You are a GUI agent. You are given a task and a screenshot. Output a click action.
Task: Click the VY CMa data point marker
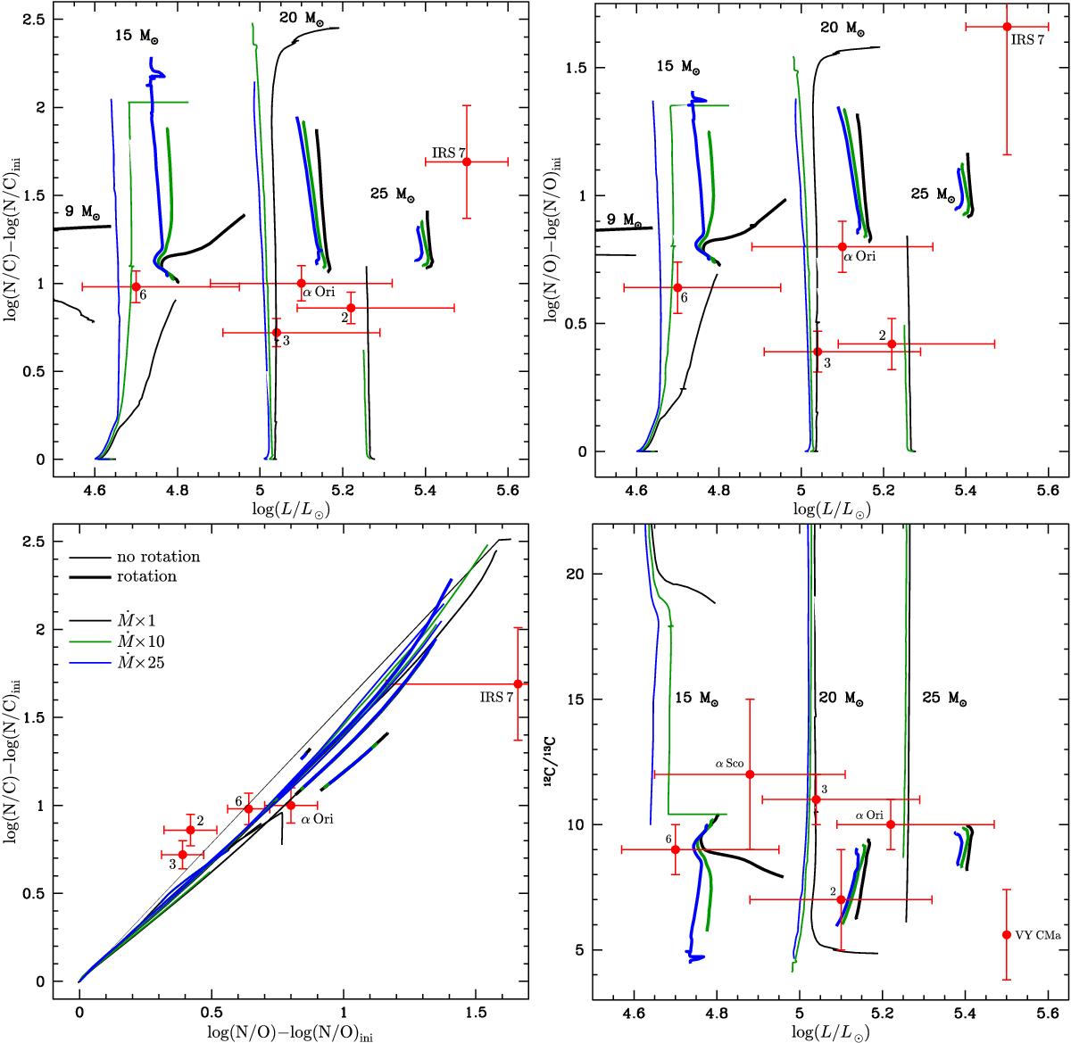click(x=1007, y=934)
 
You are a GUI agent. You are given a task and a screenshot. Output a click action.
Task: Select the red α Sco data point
click(x=750, y=774)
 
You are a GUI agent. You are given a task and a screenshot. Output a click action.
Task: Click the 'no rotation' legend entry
click(x=158, y=557)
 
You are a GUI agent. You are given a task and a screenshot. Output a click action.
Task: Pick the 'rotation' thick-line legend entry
click(x=147, y=576)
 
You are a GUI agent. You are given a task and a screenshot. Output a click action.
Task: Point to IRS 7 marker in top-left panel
click(x=467, y=161)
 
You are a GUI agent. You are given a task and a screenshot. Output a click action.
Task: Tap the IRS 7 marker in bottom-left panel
click(x=519, y=684)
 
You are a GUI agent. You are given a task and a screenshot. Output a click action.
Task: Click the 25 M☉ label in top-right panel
click(x=934, y=194)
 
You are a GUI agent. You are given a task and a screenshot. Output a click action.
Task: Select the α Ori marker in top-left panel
click(x=301, y=284)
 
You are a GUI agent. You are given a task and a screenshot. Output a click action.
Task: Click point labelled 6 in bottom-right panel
click(x=675, y=849)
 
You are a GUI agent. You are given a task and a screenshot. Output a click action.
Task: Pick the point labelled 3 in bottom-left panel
click(x=183, y=855)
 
